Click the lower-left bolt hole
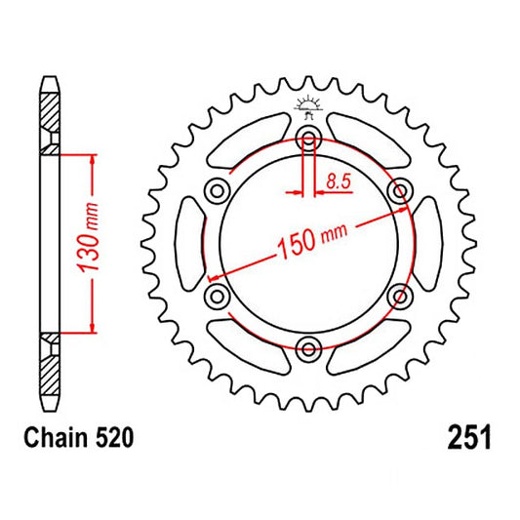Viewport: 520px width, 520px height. [218, 294]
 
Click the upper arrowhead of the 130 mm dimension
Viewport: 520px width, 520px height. [91, 158]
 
